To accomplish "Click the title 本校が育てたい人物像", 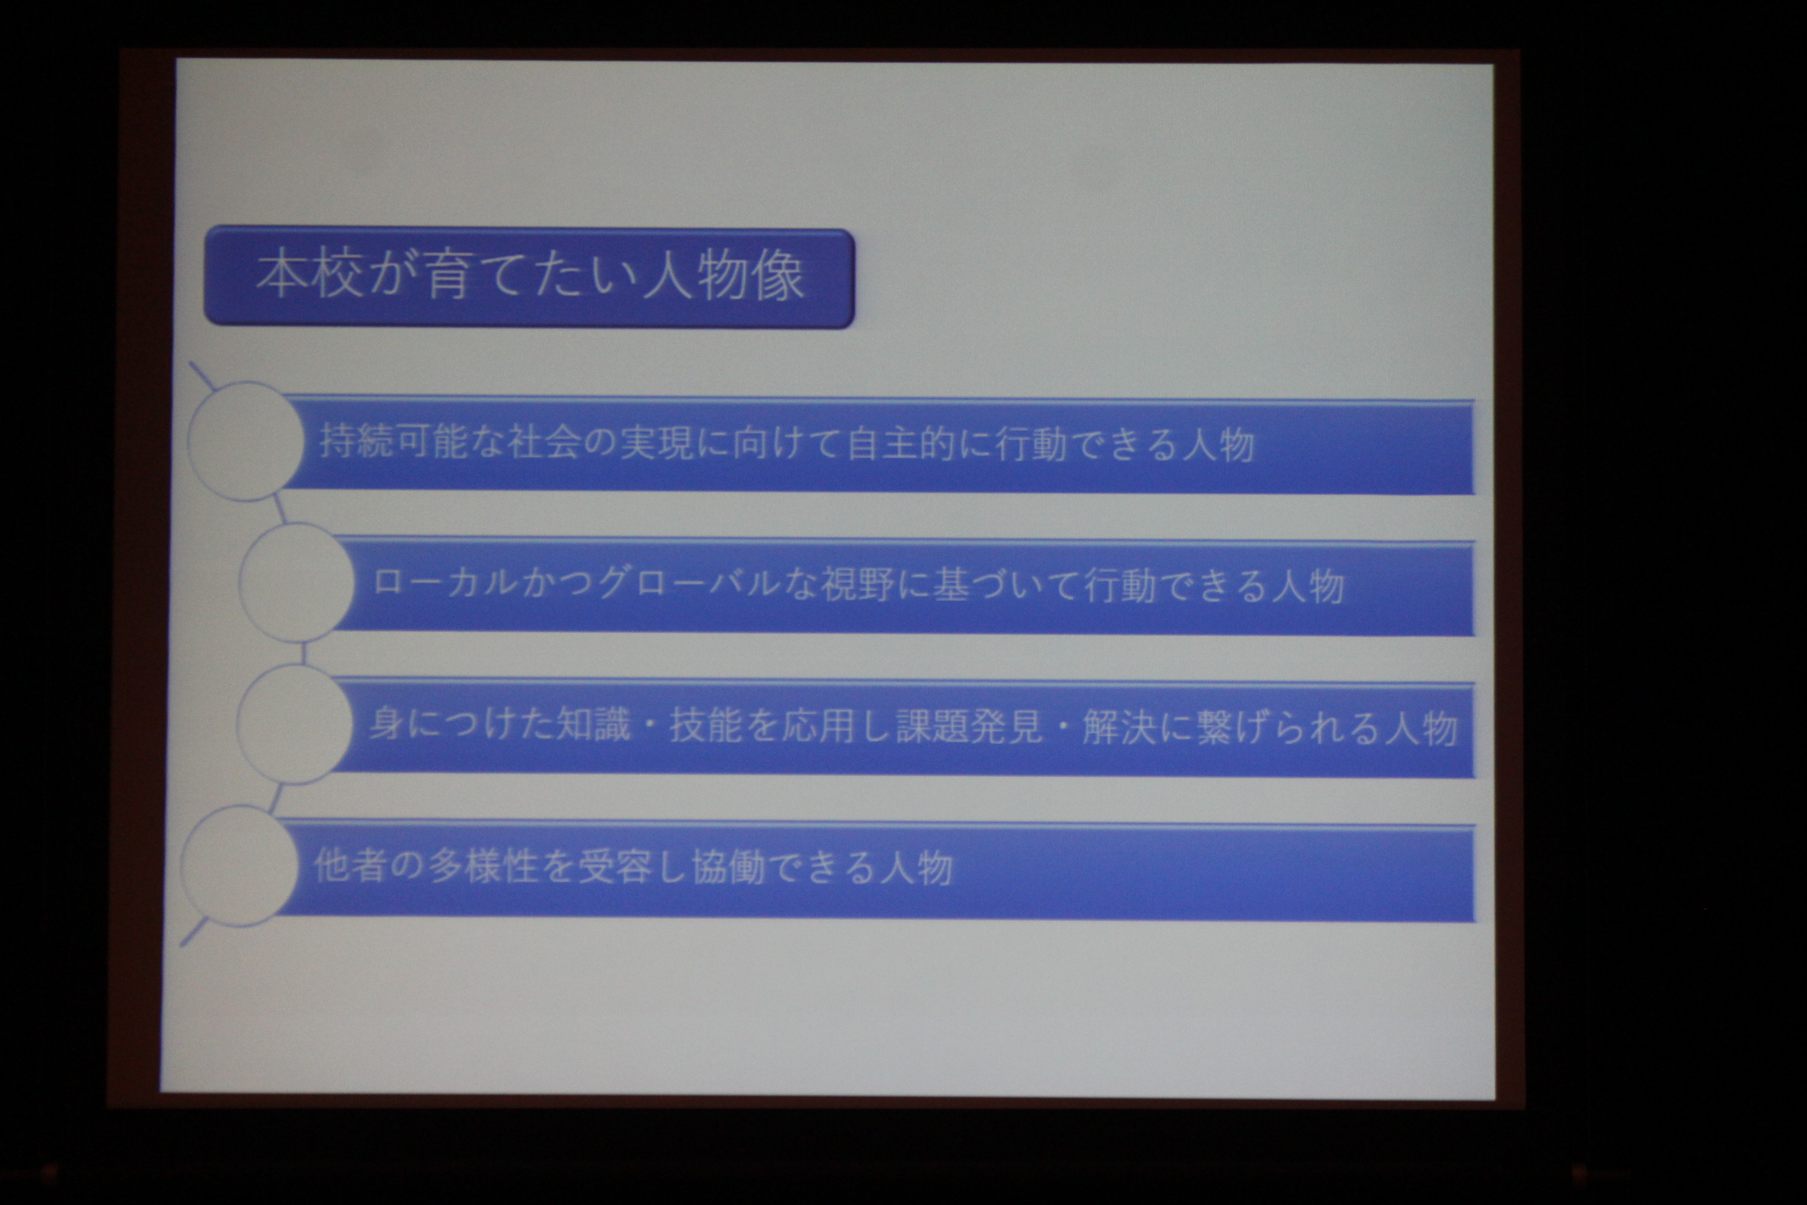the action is [x=530, y=276].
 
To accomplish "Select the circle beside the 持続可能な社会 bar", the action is [x=246, y=441].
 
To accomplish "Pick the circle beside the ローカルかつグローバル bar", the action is [x=297, y=582].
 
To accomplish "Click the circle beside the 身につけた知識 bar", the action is [x=296, y=724].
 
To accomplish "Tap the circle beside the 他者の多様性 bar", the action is [x=240, y=866].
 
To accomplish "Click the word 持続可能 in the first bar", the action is [x=394, y=442].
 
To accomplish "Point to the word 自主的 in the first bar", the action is [x=902, y=445].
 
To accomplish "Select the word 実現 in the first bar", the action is [x=657, y=444].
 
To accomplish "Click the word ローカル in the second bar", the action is [x=445, y=582].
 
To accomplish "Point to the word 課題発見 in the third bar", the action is [x=970, y=726].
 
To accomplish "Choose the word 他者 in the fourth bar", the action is [x=351, y=865].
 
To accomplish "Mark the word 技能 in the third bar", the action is [x=706, y=725].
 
